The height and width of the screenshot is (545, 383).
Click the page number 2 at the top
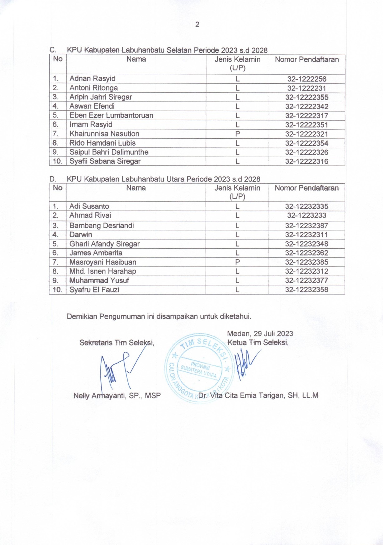197,25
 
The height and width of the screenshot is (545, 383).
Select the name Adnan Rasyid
92,79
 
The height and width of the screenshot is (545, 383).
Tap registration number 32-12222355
306,97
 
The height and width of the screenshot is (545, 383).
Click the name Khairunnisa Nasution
104,134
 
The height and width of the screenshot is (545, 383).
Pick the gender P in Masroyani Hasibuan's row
237,262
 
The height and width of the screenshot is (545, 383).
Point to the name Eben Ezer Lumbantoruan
111,116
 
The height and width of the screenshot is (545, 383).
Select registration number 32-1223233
306,216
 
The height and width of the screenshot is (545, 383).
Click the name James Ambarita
96,253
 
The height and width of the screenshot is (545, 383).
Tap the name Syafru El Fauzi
94,290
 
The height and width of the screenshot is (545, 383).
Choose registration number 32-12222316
306,161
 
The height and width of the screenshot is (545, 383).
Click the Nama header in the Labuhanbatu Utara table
136,188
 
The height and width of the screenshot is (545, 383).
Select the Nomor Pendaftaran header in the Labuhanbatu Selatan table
307,60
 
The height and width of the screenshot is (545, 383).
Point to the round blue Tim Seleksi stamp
199,367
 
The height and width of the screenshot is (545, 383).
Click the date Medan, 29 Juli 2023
260,334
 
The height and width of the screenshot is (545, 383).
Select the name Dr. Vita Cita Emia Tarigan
258,395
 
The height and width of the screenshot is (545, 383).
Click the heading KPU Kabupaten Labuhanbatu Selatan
167,50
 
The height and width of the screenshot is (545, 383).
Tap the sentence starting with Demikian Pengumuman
159,316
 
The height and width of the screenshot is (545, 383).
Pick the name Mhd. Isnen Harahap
103,271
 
